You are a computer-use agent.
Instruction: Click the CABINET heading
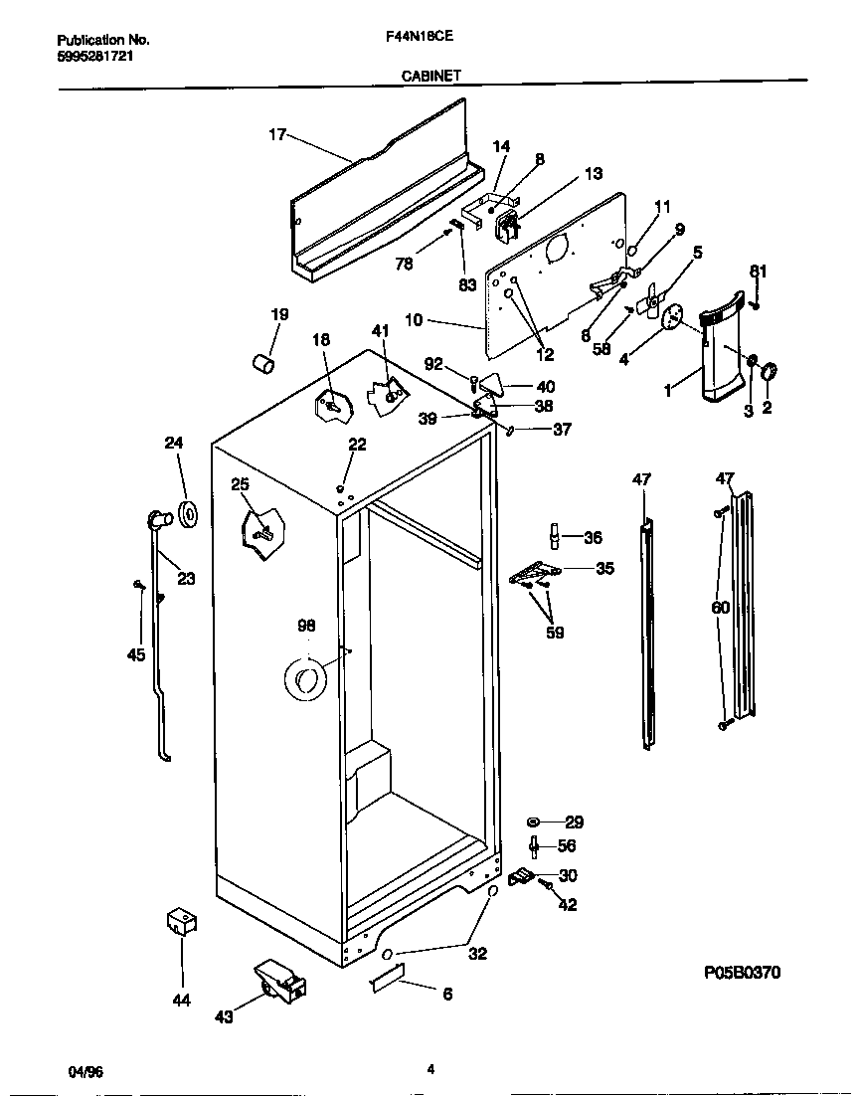click(429, 75)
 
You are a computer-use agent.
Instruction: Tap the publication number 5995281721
click(95, 56)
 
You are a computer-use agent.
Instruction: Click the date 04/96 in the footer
click(86, 1070)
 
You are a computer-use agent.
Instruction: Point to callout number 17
click(277, 134)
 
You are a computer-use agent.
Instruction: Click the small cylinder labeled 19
click(263, 363)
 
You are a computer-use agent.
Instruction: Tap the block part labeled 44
click(180, 921)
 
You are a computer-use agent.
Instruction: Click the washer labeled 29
click(535, 823)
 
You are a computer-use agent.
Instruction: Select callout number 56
click(568, 845)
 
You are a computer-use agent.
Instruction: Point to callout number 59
click(555, 632)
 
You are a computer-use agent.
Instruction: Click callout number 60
click(721, 607)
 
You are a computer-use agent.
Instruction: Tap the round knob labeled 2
click(769, 372)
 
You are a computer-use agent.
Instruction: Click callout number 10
click(415, 320)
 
